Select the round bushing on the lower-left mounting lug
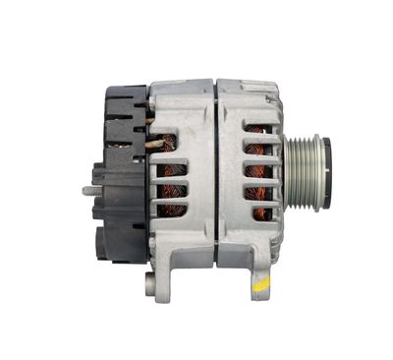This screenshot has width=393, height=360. click(x=149, y=286)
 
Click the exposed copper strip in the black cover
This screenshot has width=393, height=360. click(x=147, y=124)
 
